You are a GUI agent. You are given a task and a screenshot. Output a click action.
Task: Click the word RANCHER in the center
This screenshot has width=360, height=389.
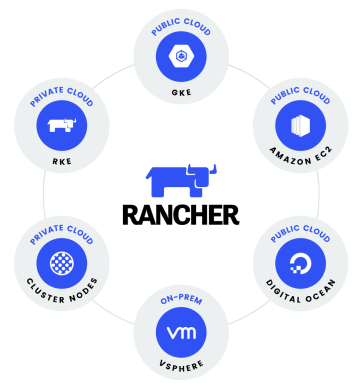[180, 214]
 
